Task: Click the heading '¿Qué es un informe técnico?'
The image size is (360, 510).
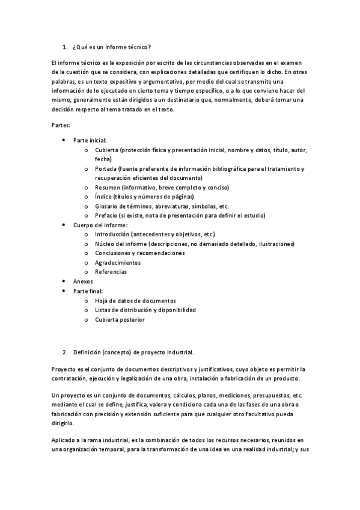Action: pos(111,47)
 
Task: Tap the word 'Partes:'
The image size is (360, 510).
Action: pos(61,125)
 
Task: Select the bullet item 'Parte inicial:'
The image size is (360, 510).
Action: pos(90,140)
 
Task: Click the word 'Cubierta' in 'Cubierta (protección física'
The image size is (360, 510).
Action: pos(106,149)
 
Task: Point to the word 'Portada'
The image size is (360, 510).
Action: pos(105,168)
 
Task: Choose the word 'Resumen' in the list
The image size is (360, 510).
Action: pos(106,187)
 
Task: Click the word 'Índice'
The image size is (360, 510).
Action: pos(103,197)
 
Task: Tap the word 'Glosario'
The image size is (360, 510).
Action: pos(105,206)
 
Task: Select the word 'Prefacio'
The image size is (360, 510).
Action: pos(106,215)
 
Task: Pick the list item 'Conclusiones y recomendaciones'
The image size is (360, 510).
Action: pos(139,253)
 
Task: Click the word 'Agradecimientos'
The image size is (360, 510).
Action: pos(118,262)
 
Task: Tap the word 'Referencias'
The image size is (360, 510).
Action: pos(111,272)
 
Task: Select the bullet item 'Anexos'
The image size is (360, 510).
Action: pos(83,281)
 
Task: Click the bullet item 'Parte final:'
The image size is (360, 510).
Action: pos(88,290)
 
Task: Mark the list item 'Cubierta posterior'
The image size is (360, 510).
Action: pos(120,319)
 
